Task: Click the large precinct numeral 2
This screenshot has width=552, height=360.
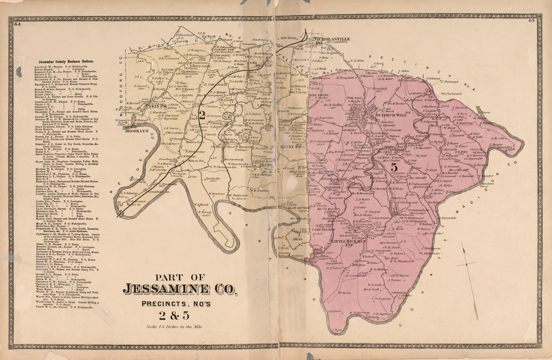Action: [x=201, y=114]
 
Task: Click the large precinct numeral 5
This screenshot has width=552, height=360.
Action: [x=394, y=166]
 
